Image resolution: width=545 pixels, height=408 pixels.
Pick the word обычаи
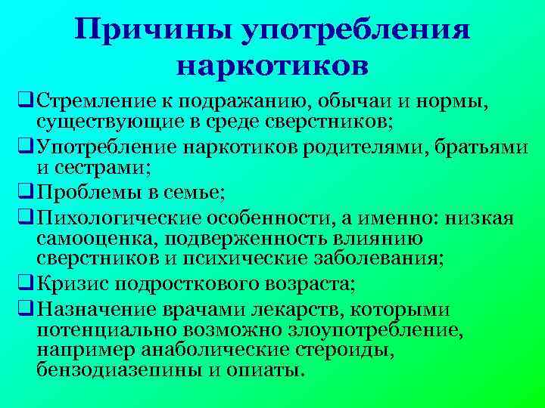(x=349, y=100)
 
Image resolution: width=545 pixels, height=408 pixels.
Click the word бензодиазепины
(x=113, y=370)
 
